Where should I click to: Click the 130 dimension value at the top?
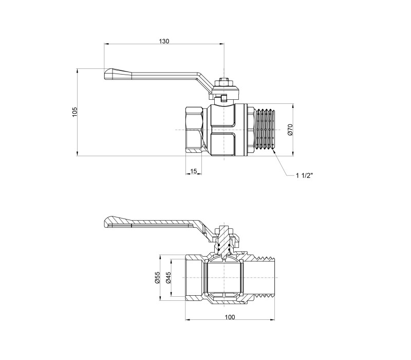point(164,41)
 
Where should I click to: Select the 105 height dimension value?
point(75,112)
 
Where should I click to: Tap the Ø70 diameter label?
point(290,130)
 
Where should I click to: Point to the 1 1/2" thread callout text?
point(305,175)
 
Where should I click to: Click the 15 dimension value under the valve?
point(194,171)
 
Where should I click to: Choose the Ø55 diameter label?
point(157,278)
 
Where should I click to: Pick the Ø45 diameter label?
point(169,278)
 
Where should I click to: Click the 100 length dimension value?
point(230,317)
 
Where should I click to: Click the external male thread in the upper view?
point(264,130)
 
